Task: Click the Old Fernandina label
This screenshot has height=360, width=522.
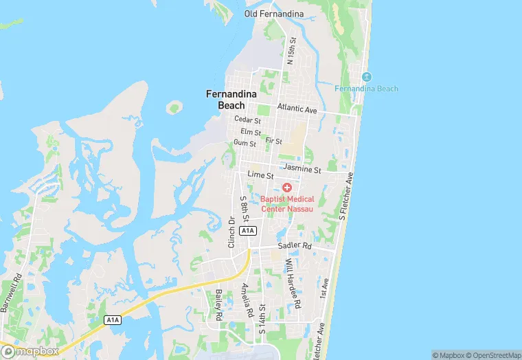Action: click(x=273, y=13)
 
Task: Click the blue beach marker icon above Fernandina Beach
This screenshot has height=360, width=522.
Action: click(x=366, y=76)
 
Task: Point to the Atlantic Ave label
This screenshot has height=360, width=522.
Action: click(x=297, y=109)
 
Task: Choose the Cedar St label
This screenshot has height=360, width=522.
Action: click(x=247, y=120)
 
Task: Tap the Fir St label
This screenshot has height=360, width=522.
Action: click(x=273, y=140)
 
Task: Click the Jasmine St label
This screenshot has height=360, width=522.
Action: click(x=301, y=169)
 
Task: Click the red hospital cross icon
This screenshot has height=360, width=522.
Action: click(x=287, y=188)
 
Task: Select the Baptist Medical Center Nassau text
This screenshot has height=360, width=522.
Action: click(x=287, y=204)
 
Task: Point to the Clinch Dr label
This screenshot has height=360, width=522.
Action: click(x=231, y=232)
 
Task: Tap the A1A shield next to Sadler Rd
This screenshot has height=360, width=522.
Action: click(x=249, y=231)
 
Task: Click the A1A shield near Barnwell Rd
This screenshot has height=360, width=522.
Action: click(x=113, y=319)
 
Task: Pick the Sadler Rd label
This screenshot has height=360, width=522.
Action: click(x=295, y=245)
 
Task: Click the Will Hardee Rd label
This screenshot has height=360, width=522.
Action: click(x=294, y=283)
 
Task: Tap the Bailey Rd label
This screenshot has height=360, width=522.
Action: click(x=218, y=305)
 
